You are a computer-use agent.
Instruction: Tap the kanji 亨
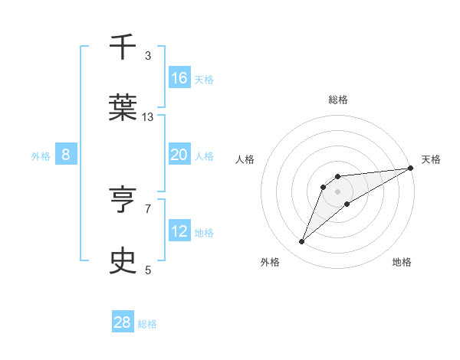point(123,200)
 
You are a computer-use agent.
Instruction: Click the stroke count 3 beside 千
point(148,56)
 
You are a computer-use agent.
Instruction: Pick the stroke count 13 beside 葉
point(148,116)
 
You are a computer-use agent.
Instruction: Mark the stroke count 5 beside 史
point(148,270)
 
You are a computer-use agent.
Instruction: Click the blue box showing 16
point(179,78)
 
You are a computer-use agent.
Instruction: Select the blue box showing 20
point(179,155)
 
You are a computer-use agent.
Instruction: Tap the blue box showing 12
point(179,231)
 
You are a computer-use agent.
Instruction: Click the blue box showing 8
point(66,155)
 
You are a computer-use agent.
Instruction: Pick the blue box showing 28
point(123,322)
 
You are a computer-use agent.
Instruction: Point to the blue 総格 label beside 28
point(147,324)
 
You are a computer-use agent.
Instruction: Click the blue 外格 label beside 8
point(41,156)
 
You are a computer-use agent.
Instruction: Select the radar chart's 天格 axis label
point(432,159)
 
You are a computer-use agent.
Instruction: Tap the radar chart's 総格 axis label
point(338,100)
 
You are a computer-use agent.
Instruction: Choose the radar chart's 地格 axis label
point(402,262)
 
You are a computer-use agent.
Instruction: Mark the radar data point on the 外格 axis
point(302,242)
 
